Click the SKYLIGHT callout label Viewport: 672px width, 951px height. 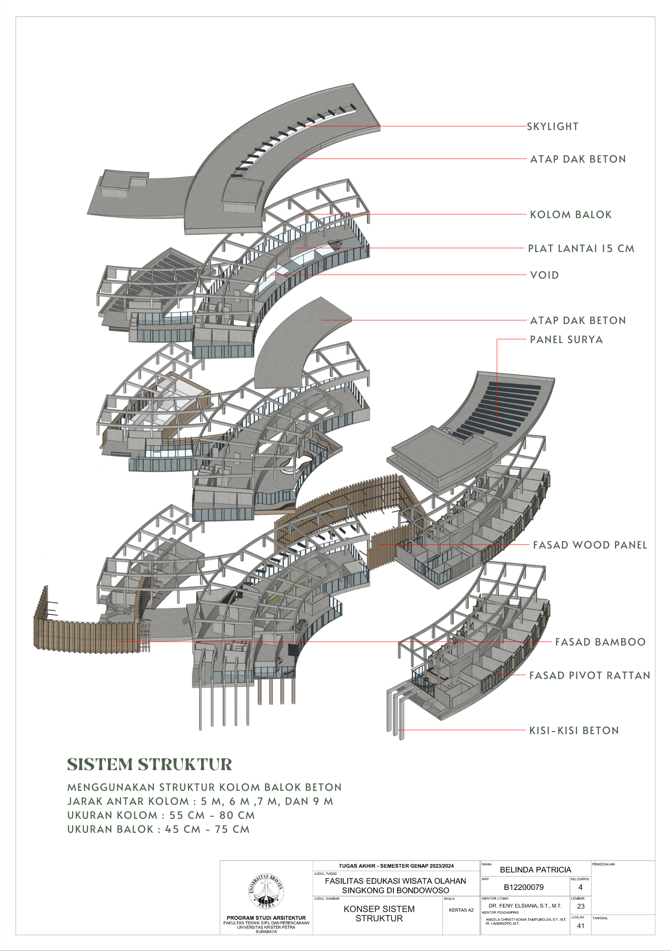pos(553,126)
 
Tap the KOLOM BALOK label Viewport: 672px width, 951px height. pos(571,214)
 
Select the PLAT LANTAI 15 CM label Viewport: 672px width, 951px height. pos(581,248)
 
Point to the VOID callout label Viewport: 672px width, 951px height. pos(545,275)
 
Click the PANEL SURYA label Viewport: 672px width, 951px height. pos(567,339)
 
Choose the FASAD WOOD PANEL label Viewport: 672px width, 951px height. pos(590,545)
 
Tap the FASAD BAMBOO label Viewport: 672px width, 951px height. pos(600,642)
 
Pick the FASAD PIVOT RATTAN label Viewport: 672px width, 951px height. pos(590,675)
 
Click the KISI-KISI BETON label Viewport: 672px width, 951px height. pos(574,730)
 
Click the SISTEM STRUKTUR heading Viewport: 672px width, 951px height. pos(149,764)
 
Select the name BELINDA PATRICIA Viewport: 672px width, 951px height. pos(536,870)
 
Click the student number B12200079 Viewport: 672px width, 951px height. pos(524,887)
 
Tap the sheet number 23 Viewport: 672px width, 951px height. pos(581,906)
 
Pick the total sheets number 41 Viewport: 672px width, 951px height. pos(581,926)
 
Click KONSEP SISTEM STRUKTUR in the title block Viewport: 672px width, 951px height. pos(379,913)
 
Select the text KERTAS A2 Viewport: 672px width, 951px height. pos(461,910)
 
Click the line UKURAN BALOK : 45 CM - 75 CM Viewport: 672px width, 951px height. pos(158,829)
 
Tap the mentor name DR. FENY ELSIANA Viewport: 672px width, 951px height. pos(525,906)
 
